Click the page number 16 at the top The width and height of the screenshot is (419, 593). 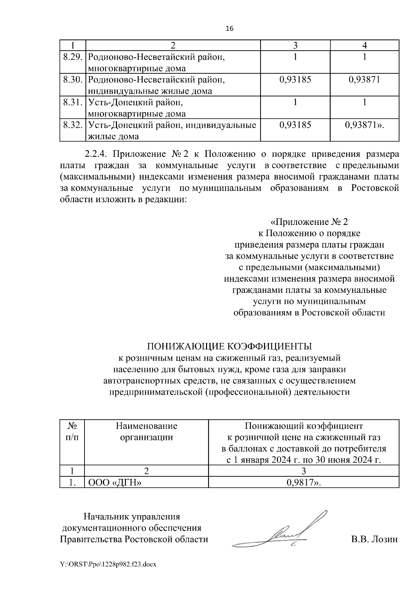229,29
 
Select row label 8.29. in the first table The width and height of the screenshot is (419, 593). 73,57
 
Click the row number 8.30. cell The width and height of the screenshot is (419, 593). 73,80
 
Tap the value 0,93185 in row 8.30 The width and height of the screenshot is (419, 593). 295,80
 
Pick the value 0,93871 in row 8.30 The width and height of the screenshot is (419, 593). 364,80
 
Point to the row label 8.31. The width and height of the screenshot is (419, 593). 73,102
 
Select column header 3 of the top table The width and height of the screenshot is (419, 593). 295,45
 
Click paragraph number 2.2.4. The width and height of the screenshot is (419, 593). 96,154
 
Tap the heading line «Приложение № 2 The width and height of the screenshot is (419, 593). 309,222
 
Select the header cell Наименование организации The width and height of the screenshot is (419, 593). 146,431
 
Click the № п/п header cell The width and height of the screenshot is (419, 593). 72,431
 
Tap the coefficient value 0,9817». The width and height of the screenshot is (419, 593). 303,483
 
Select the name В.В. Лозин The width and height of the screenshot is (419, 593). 374,539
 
